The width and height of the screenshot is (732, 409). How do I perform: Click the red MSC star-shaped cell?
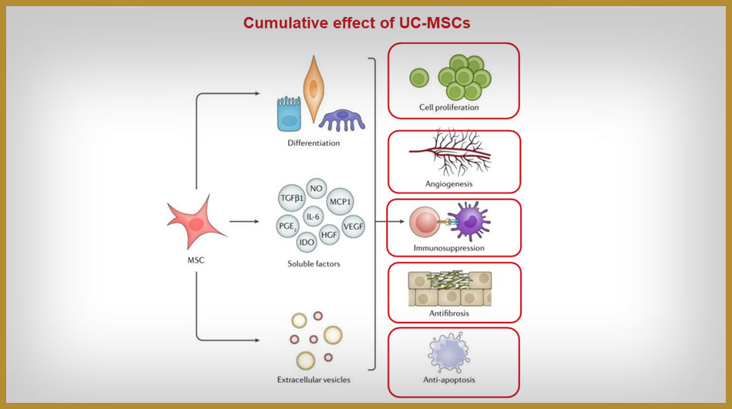[195, 223]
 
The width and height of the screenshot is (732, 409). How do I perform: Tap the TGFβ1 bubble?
[292, 198]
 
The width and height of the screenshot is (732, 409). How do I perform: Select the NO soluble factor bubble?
[316, 189]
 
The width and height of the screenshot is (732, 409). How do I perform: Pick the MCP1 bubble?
[340, 202]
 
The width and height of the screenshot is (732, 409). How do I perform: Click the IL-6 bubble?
[313, 216]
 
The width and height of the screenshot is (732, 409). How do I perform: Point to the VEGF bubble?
[353, 226]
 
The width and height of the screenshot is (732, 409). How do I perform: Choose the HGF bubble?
[329, 235]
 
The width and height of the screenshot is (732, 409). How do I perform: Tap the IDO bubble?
[307, 242]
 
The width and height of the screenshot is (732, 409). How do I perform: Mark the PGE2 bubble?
[287, 226]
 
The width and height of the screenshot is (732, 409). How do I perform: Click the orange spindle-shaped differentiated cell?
[314, 89]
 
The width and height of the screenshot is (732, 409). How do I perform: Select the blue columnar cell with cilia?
[289, 114]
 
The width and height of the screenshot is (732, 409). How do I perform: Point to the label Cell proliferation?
[448, 107]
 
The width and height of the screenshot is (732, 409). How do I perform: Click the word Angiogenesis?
[448, 184]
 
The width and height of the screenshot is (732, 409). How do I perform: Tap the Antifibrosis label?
[449, 313]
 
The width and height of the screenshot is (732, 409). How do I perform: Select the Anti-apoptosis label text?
[448, 380]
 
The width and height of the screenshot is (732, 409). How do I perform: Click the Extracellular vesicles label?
[314, 380]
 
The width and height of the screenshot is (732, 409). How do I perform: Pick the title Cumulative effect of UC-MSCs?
[357, 23]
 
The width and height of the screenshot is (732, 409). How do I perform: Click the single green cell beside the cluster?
[418, 78]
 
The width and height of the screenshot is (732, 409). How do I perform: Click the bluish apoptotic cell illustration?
[448, 352]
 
